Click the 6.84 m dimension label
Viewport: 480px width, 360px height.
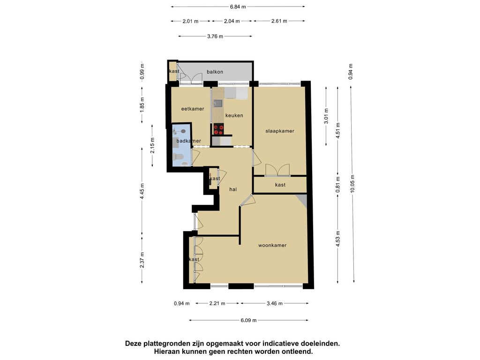pos(238,7)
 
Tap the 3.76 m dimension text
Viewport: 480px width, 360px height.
pos(215,36)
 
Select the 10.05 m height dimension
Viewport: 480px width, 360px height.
pos(352,184)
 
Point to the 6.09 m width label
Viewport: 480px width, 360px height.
pos(248,320)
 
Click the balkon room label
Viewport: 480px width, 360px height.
pos(215,72)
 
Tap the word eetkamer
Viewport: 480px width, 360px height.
pos(193,109)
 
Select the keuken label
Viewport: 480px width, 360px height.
pos(234,115)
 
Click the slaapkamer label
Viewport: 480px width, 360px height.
pos(280,131)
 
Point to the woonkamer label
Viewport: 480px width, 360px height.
pos(272,245)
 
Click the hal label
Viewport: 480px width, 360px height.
pos(233,189)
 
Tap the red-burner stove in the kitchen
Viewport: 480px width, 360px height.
pos(218,129)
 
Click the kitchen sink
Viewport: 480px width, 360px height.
pos(218,103)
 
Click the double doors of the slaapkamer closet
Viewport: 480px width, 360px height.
pos(277,170)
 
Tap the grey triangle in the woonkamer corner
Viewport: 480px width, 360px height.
pos(302,201)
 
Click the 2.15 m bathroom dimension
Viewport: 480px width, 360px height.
pos(152,146)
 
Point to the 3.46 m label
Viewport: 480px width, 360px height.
pos(275,303)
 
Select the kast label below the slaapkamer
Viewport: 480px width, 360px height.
pos(280,185)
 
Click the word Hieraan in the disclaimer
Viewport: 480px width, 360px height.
pos(165,352)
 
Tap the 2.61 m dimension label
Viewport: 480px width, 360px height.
pos(279,21)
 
